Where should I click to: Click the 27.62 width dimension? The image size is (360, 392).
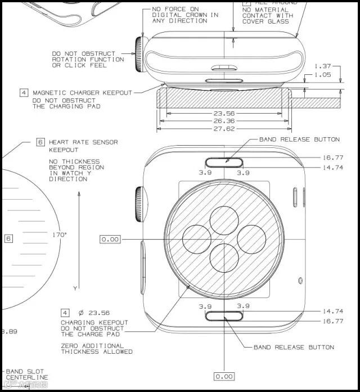coord(224,129)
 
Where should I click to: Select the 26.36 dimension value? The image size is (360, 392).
coord(224,121)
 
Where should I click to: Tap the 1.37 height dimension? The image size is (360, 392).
coord(323,66)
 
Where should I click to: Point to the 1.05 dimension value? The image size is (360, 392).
coord(323,75)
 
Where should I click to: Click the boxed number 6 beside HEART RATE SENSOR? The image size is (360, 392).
coord(40,142)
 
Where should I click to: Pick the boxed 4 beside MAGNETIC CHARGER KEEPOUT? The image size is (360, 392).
coord(24,93)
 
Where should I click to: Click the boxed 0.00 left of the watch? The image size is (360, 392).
coord(110,239)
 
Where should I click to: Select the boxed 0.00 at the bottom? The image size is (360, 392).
coord(224,376)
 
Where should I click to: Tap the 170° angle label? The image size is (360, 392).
coord(60,235)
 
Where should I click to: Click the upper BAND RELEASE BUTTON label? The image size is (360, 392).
coord(299,139)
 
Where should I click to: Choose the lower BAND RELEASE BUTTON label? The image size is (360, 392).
coord(294,347)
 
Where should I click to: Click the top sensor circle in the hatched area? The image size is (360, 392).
coord(224,219)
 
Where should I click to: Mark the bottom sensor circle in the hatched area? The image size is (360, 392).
coord(224,259)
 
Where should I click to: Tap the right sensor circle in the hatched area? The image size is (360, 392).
coord(251,239)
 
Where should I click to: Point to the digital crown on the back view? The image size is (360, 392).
coord(138,203)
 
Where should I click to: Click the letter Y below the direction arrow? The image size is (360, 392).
coord(75,288)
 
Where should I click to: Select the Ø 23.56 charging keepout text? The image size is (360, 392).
coord(94,313)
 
